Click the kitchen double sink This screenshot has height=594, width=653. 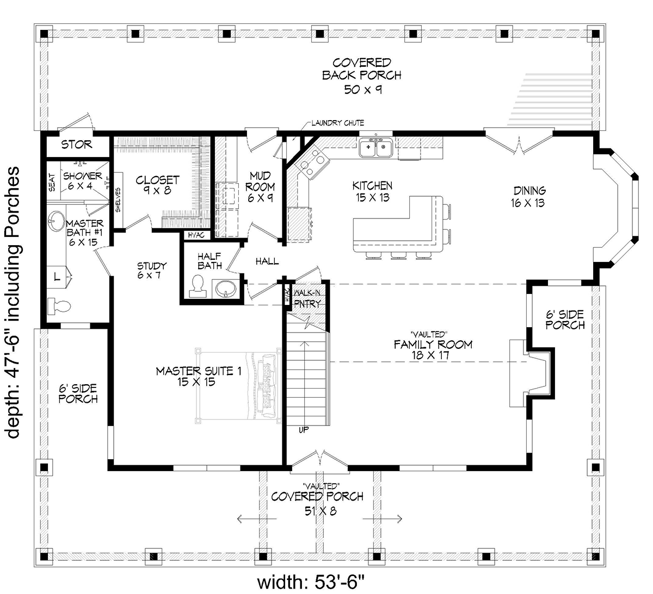[x=377, y=148]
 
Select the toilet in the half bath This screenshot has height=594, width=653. [x=198, y=286]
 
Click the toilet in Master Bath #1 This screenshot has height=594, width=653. [x=59, y=307]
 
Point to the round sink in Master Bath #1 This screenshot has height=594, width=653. [x=57, y=221]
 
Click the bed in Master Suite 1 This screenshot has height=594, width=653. [x=238, y=386]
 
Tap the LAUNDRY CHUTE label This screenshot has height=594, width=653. [x=337, y=123]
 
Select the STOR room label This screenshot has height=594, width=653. [x=77, y=145]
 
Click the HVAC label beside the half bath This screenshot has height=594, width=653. [x=196, y=235]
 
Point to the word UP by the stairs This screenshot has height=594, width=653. [x=304, y=430]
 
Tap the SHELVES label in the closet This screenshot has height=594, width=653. [x=118, y=200]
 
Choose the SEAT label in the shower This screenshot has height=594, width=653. [x=52, y=182]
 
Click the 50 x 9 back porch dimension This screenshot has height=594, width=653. [x=362, y=90]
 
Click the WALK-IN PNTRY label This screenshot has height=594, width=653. [x=307, y=298]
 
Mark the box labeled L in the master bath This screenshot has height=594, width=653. [x=57, y=277]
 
